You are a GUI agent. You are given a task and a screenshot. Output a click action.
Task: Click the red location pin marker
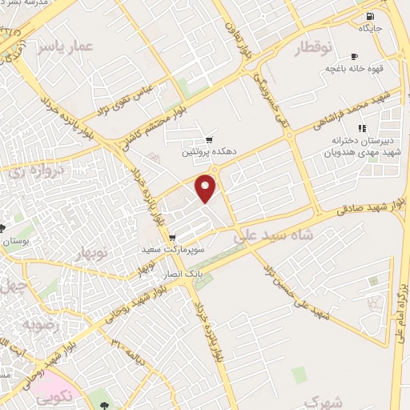pos(207,188)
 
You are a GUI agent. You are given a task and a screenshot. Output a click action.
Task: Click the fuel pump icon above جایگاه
pos(368,17)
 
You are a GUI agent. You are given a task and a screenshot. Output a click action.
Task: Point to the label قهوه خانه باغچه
pos(353,68)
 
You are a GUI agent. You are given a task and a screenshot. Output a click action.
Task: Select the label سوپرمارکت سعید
pos(170,250)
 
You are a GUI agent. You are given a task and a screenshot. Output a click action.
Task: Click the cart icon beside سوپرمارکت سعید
pos(172,238)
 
